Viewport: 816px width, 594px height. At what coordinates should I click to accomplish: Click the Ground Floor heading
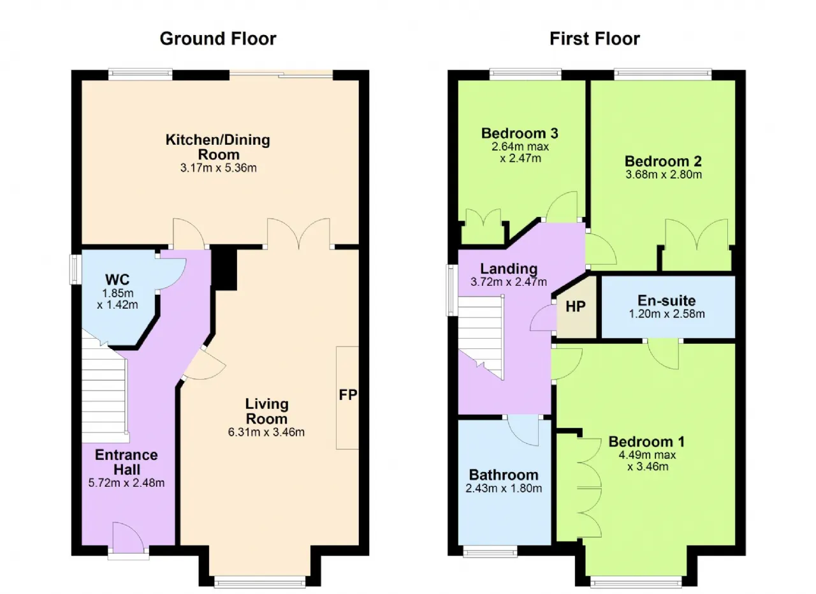(x=218, y=39)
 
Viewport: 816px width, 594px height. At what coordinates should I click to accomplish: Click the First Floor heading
(x=595, y=39)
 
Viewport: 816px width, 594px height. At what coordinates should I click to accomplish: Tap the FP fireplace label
(x=348, y=394)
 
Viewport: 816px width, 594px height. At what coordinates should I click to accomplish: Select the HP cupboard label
(x=576, y=307)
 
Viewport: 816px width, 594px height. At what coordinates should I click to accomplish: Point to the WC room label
(x=117, y=279)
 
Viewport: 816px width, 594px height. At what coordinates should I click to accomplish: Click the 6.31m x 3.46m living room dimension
(x=266, y=432)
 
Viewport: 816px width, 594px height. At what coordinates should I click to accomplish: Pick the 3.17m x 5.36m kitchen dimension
(x=218, y=168)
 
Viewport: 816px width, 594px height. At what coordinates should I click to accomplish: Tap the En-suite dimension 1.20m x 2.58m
(x=667, y=314)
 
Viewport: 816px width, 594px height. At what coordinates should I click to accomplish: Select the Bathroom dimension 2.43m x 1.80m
(x=504, y=488)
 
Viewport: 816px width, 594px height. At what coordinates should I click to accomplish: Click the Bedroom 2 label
(x=663, y=161)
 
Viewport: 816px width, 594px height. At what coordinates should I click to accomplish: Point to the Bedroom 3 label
(x=520, y=133)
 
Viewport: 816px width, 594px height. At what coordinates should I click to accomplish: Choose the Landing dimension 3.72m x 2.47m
(x=509, y=281)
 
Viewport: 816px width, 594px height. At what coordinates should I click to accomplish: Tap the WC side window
(x=75, y=269)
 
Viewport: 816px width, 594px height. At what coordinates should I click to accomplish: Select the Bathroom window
(x=490, y=551)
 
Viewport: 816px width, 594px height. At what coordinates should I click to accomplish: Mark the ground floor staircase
(x=104, y=387)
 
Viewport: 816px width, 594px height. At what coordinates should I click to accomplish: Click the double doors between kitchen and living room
(x=299, y=234)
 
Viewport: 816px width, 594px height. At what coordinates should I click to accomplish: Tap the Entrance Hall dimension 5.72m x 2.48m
(x=126, y=483)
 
